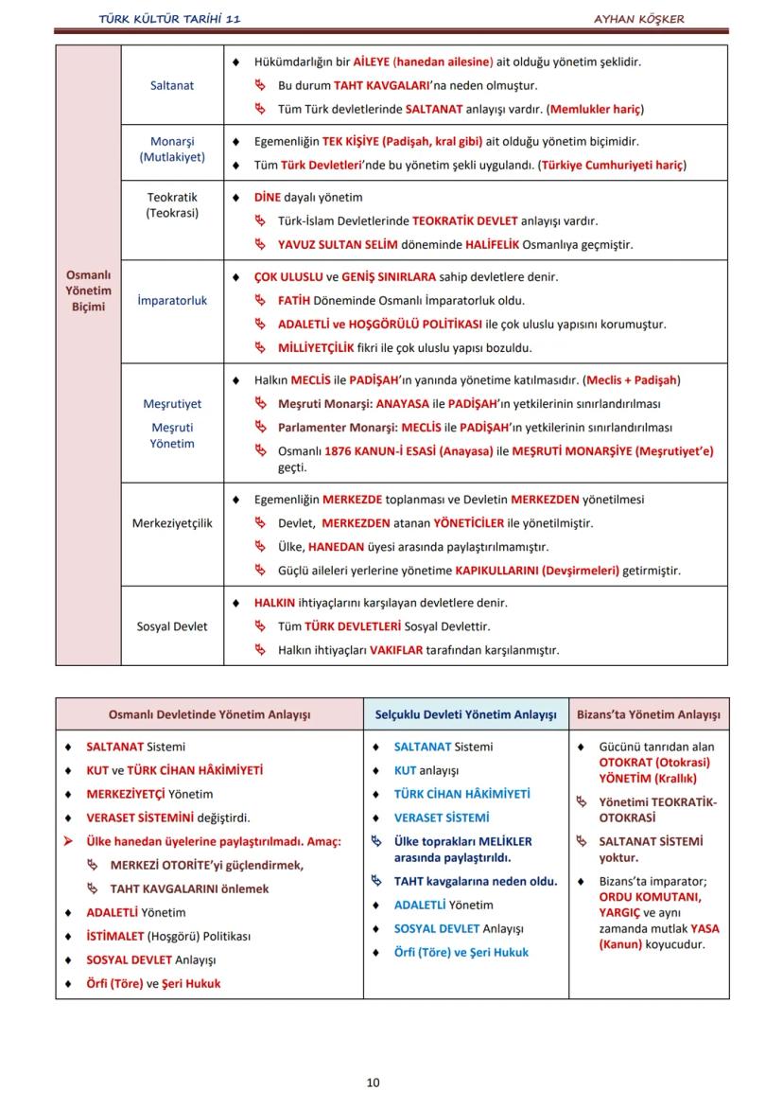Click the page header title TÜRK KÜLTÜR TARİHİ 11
(x=169, y=18)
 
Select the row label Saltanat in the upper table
(x=171, y=85)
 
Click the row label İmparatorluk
(x=171, y=301)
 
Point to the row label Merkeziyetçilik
(x=171, y=523)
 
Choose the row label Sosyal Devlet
(x=171, y=626)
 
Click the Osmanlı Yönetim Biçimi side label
(x=88, y=290)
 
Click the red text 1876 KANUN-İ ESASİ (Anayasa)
(x=409, y=451)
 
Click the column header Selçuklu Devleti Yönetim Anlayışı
(x=465, y=715)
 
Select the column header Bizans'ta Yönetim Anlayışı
(x=649, y=715)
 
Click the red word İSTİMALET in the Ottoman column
(x=115, y=937)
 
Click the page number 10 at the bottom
(x=373, y=1082)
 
